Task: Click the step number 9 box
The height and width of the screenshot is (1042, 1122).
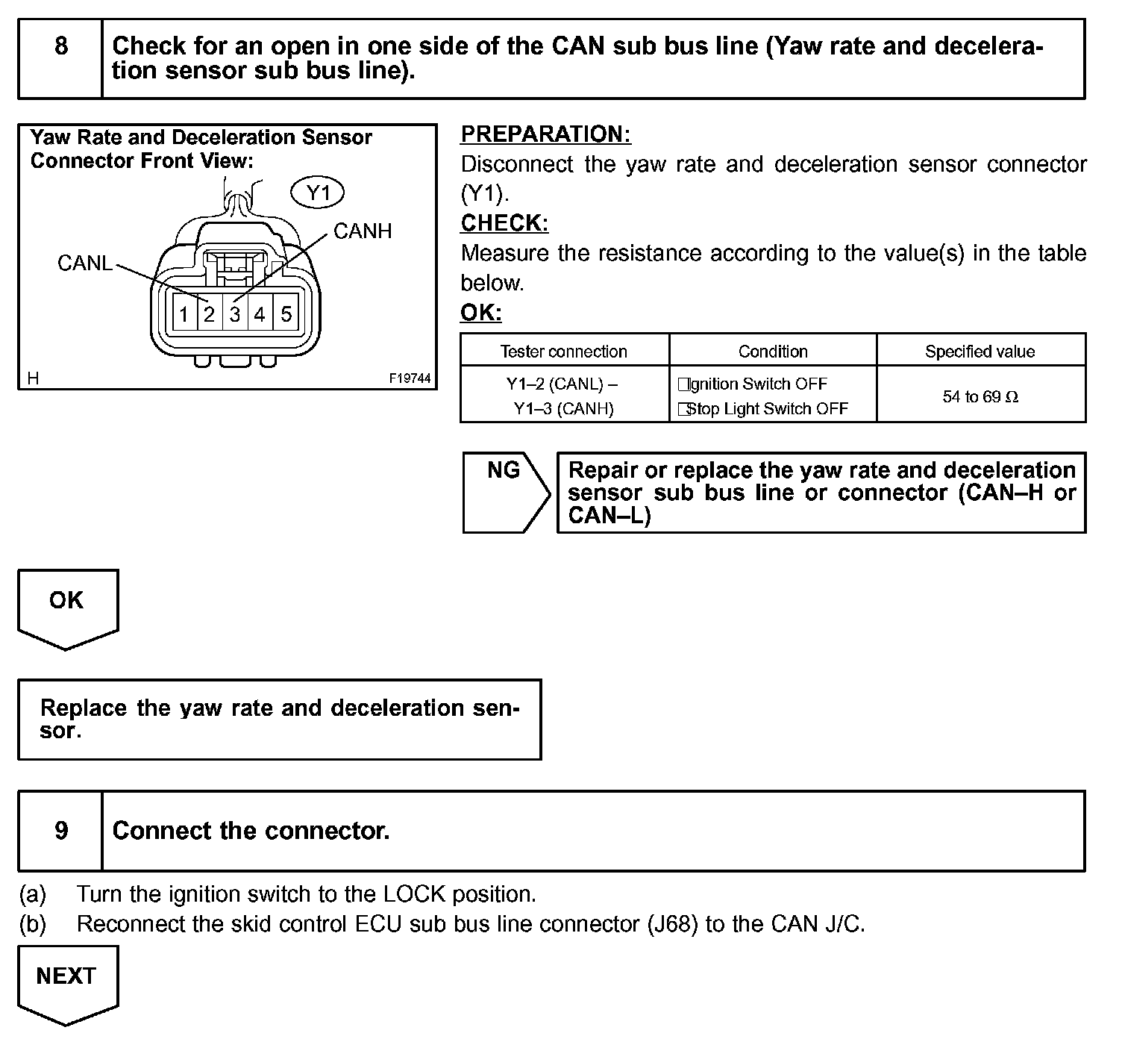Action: click(x=60, y=831)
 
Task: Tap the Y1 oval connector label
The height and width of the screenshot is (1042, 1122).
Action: click(x=318, y=194)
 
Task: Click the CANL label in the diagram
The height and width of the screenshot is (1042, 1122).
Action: click(x=84, y=263)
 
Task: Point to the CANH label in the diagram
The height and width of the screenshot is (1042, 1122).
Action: click(x=363, y=231)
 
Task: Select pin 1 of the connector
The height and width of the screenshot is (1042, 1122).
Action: click(x=184, y=314)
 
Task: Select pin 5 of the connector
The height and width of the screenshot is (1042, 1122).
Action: click(x=286, y=314)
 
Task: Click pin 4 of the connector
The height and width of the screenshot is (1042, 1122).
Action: click(x=260, y=314)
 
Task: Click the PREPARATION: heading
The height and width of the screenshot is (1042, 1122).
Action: click(x=545, y=134)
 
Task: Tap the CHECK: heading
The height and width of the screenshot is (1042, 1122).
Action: click(x=504, y=223)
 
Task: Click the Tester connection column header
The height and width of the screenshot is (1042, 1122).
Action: click(x=563, y=352)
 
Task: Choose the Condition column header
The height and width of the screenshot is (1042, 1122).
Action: click(x=773, y=352)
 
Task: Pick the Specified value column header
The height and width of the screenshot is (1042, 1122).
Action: click(x=980, y=352)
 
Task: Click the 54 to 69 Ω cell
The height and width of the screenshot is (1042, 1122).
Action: click(x=980, y=397)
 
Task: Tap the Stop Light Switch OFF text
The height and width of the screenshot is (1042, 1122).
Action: click(x=766, y=409)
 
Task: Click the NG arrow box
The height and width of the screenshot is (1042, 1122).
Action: click(x=505, y=491)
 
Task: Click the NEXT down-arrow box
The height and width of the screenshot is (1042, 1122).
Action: click(x=67, y=982)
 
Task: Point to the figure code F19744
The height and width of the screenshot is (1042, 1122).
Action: click(x=410, y=378)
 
